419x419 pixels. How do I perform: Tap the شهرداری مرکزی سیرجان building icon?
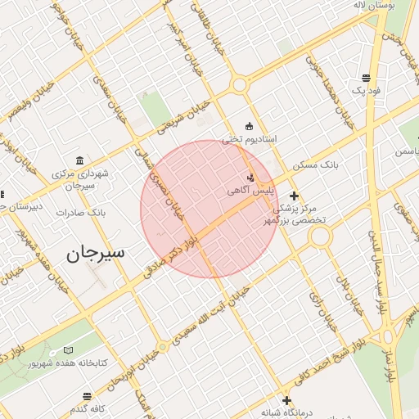(x=79, y=160)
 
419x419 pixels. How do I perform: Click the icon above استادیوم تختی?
(x=250, y=126)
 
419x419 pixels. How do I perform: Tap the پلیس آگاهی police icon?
(x=251, y=178)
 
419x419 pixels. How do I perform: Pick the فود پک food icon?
(x=363, y=79)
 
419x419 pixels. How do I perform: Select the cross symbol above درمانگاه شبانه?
(x=286, y=400)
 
